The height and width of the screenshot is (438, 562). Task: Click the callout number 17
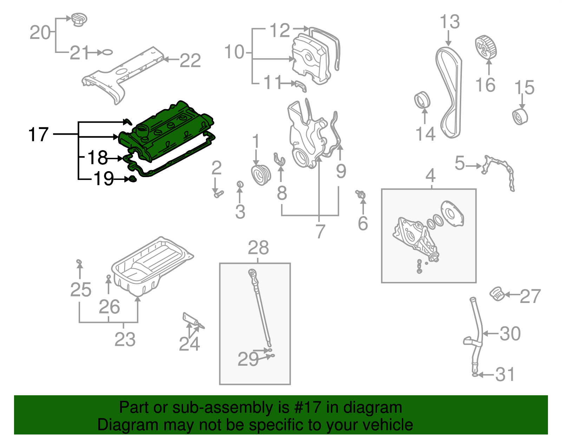[x=38, y=135]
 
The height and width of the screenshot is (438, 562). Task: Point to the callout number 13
[x=450, y=22]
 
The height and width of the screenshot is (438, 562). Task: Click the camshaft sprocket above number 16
[x=486, y=48]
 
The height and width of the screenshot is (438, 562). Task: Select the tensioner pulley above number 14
[x=422, y=100]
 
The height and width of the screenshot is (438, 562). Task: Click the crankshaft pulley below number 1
[x=261, y=175]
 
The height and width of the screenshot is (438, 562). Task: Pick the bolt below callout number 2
[x=218, y=194]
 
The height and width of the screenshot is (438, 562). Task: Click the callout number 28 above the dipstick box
[x=258, y=248]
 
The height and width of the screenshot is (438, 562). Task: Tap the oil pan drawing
[x=151, y=267]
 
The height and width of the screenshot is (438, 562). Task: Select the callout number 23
[x=125, y=339]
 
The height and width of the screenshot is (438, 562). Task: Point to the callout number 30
[x=510, y=333]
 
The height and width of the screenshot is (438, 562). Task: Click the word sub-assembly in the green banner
[x=221, y=407]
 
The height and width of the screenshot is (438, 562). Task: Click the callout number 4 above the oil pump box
[x=431, y=175]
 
